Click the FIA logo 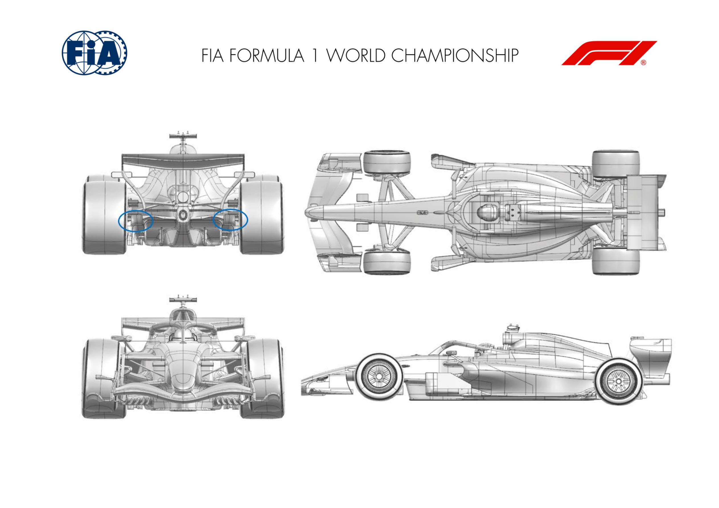(94, 53)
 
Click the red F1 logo (609, 53)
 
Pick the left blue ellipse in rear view (135, 221)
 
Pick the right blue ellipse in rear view (230, 220)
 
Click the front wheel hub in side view (379, 375)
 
